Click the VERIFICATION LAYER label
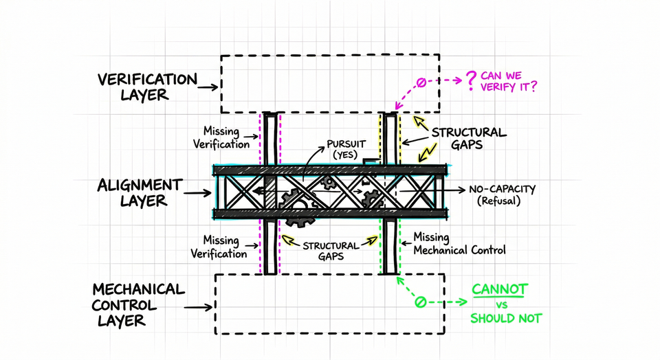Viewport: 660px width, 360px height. click(x=147, y=87)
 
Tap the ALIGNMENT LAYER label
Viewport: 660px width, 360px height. click(x=140, y=192)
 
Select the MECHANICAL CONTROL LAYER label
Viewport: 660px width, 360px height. click(x=138, y=305)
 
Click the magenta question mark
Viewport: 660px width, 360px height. click(x=471, y=81)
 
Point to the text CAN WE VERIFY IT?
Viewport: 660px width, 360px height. click(x=509, y=81)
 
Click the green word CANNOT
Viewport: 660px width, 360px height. click(x=499, y=289)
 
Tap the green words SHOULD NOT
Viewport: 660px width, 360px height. click(x=506, y=318)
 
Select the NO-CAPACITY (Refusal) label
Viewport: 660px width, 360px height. click(x=502, y=194)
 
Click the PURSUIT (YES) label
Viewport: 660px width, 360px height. click(x=346, y=149)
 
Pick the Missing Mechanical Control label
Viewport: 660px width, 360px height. click(x=459, y=243)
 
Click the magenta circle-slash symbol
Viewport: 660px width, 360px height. click(x=421, y=82)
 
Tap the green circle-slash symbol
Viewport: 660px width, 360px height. click(x=419, y=302)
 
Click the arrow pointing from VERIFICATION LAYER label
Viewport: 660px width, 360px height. click(x=208, y=87)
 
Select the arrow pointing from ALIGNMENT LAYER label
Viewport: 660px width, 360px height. click(x=197, y=193)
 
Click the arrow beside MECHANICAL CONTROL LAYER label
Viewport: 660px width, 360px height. click(x=198, y=307)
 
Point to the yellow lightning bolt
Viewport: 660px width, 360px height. click(x=427, y=153)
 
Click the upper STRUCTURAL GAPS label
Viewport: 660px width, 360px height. click(x=469, y=138)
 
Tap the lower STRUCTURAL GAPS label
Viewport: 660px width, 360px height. click(x=331, y=251)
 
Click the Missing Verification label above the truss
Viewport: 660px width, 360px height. click(x=221, y=137)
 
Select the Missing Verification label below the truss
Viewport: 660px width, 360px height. click(x=219, y=247)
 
